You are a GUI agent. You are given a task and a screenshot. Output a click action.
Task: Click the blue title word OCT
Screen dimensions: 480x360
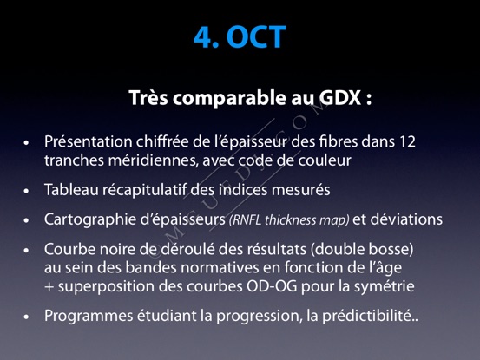(256, 36)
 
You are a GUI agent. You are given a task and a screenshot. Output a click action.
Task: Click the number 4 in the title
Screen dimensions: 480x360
(203, 37)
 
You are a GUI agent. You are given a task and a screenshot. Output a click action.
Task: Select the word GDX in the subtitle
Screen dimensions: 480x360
(339, 98)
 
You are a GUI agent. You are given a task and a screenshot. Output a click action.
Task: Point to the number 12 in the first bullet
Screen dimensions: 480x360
(407, 141)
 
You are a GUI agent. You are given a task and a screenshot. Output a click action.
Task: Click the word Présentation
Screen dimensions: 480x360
(89, 141)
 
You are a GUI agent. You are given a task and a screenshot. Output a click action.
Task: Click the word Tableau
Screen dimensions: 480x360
(71, 189)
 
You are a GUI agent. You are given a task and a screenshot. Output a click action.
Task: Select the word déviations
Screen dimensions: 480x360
(406, 219)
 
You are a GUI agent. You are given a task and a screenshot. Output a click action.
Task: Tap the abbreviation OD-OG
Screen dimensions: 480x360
(272, 286)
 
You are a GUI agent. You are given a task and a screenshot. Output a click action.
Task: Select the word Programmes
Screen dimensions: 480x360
(89, 316)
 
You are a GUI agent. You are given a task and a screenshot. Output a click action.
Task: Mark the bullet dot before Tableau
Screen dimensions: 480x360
(26, 191)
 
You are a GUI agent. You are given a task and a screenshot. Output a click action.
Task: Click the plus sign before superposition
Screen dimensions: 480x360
(49, 287)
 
